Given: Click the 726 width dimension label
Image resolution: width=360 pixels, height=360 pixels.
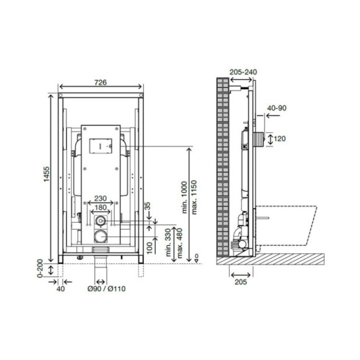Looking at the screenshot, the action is [x=101, y=82].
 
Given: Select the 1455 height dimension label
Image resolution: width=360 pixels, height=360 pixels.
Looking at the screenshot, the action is [x=47, y=174].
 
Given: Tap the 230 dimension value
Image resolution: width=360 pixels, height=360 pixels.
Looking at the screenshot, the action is [x=101, y=198].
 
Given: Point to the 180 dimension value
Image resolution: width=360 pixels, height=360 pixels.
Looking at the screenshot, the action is [x=101, y=207].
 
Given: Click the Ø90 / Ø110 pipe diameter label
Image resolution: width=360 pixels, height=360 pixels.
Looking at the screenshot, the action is [x=107, y=289].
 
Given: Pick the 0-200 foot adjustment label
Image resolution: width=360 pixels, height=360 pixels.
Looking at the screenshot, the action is [x=40, y=268].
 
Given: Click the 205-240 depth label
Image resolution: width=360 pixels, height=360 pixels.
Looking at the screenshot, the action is [x=243, y=72].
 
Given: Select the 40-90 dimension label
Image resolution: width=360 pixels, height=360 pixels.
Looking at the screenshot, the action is [x=277, y=108].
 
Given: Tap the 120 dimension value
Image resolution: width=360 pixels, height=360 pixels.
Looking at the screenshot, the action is [x=280, y=138].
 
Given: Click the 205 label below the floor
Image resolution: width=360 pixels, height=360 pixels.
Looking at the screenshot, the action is [x=241, y=282].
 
